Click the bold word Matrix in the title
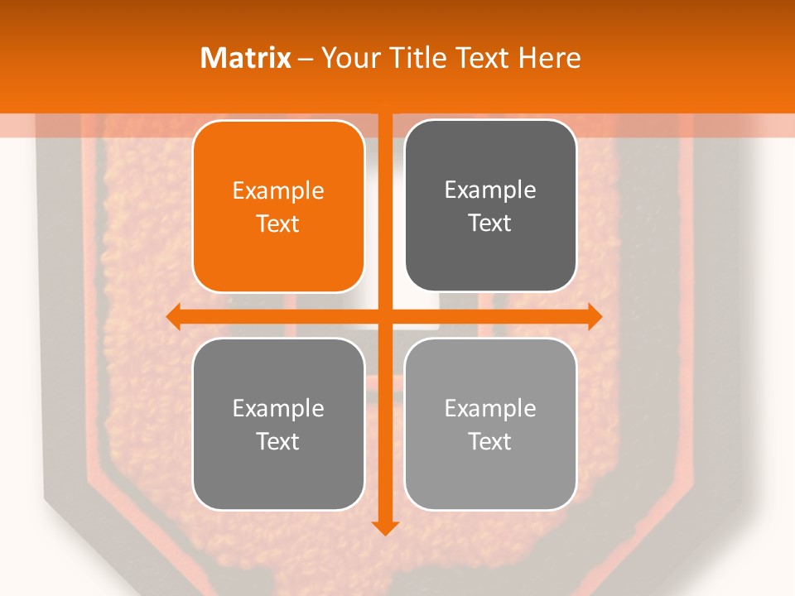[246, 58]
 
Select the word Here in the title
[549, 58]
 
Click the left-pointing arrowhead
[173, 316]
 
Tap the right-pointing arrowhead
[595, 316]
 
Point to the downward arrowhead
[385, 527]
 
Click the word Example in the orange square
[278, 191]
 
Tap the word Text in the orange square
[278, 224]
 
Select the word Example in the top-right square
[490, 190]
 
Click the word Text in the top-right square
[490, 223]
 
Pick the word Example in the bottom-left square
[278, 408]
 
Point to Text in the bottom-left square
[278, 441]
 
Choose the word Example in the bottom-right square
[490, 408]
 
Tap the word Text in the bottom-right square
[490, 441]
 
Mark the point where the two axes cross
[385, 316]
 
